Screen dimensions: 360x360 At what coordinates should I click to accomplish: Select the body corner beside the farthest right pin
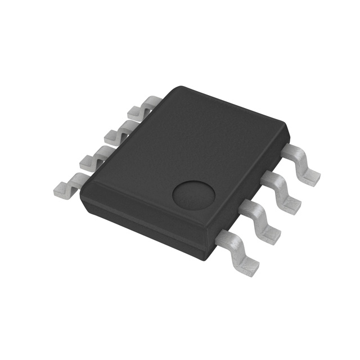pos(287,127)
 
